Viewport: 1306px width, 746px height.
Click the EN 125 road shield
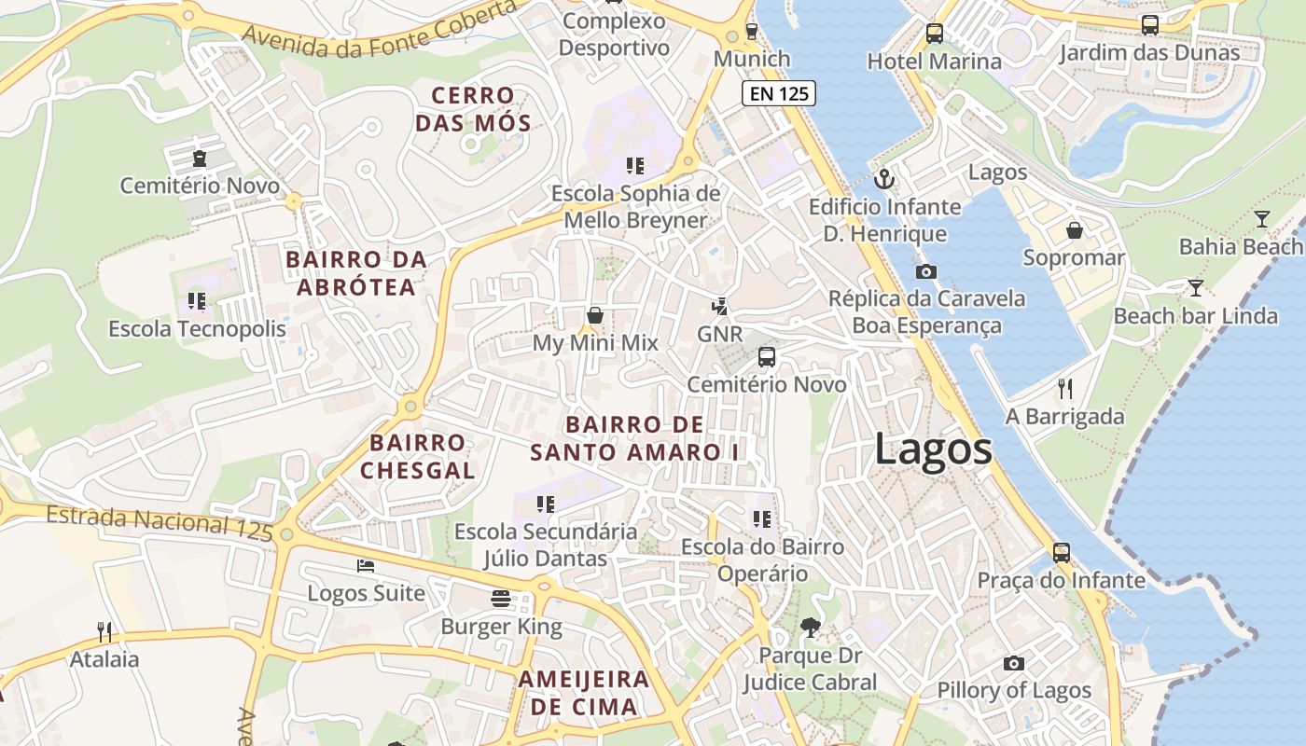(779, 93)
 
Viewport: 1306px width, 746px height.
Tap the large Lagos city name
(933, 449)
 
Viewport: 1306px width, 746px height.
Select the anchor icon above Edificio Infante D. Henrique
(883, 178)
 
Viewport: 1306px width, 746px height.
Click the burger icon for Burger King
(501, 599)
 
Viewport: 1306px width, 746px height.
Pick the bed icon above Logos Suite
(366, 566)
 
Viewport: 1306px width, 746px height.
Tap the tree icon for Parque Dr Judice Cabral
(810, 628)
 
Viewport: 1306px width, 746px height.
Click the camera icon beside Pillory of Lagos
(1014, 663)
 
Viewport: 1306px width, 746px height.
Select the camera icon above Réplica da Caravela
(925, 271)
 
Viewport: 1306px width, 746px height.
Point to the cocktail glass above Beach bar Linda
(1195, 287)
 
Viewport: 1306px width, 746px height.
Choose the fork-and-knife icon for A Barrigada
(1064, 388)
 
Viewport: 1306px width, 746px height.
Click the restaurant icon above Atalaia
(104, 631)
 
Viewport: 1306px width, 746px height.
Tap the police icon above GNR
(719, 306)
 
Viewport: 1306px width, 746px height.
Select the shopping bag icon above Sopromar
(1074, 229)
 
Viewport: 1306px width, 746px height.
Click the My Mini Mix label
(594, 343)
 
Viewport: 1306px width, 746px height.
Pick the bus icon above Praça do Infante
(1061, 552)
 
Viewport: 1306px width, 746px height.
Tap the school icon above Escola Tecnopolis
(196, 300)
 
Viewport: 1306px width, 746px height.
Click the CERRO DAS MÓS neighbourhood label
(473, 108)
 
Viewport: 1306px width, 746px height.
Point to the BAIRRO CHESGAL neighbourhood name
(417, 456)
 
